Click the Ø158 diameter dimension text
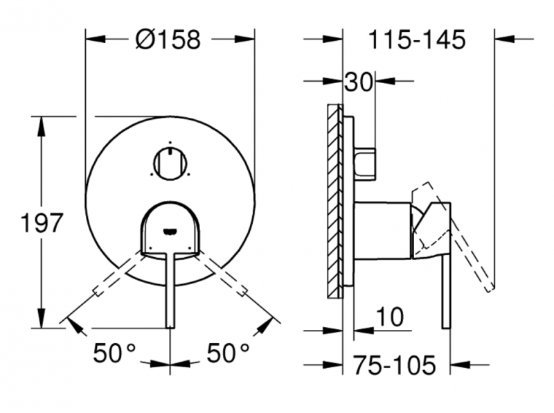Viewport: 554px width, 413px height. tap(168, 40)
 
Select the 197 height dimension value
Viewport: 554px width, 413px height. tap(41, 223)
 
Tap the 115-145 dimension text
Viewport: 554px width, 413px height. tap(415, 40)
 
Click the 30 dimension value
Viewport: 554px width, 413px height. tap(359, 82)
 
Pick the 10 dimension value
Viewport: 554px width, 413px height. tap(391, 317)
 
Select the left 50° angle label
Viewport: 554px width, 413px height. tap(115, 353)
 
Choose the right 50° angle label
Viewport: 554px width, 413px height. tap(228, 353)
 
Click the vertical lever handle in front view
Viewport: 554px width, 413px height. tap(170, 291)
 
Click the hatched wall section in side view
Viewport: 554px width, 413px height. tap(335, 201)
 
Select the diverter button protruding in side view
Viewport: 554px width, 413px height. tap(366, 164)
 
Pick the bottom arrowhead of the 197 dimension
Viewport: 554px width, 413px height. tap(42, 321)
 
